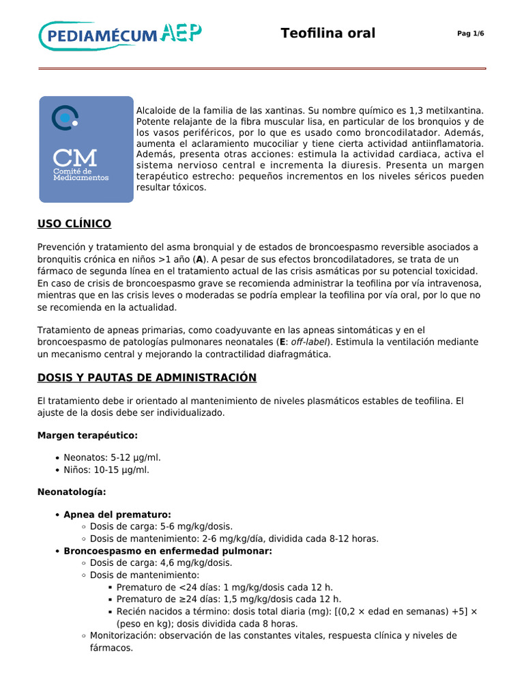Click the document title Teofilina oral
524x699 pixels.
pyautogui.click(x=327, y=33)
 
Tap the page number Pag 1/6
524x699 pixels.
pyautogui.click(x=470, y=34)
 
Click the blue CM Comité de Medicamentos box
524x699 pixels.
pyautogui.click(x=86, y=149)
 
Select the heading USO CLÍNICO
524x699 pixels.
pyautogui.click(x=74, y=224)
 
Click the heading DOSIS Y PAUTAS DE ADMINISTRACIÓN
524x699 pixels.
pyautogui.click(x=147, y=377)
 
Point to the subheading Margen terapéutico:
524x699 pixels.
pyautogui.click(x=87, y=435)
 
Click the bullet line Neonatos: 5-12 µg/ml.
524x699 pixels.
pyautogui.click(x=112, y=457)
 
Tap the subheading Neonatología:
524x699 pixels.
pyautogui.click(x=72, y=491)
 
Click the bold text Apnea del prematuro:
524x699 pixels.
pyautogui.click(x=117, y=514)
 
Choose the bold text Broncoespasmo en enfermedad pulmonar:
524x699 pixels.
pyautogui.click(x=168, y=551)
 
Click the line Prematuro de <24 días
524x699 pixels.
pyautogui.click(x=224, y=587)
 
